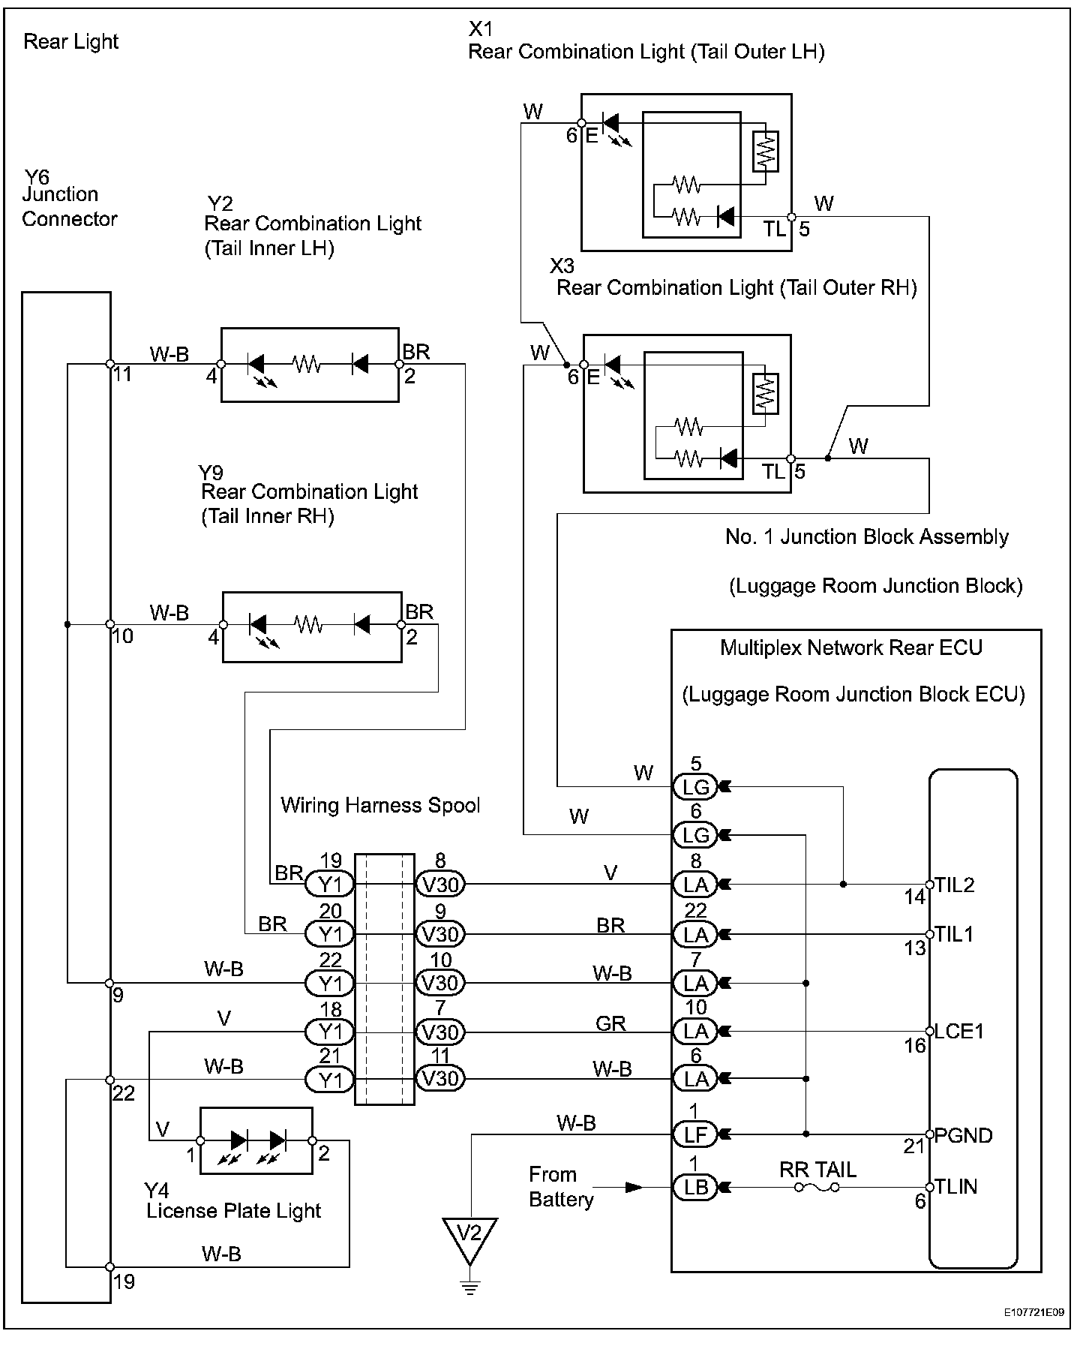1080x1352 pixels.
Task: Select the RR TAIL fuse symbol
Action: [817, 1188]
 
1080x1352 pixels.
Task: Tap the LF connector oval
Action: [695, 1134]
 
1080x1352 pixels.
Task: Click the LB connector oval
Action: [695, 1188]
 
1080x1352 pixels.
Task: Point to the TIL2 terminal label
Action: [954, 885]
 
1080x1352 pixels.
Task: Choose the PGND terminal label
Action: [963, 1135]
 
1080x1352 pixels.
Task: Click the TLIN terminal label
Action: [955, 1187]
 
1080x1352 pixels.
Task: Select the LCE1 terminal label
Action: [959, 1031]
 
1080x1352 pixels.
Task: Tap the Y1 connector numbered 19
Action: [330, 885]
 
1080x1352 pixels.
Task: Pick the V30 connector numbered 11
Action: [440, 1079]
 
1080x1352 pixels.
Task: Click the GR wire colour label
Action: [610, 1023]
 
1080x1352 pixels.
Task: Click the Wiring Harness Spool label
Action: [380, 805]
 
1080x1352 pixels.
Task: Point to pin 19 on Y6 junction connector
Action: [110, 1267]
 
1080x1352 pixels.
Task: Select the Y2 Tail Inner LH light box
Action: [310, 365]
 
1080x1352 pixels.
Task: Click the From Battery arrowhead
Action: [634, 1188]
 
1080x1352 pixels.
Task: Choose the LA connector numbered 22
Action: [695, 934]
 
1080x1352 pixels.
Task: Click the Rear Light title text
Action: [71, 41]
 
